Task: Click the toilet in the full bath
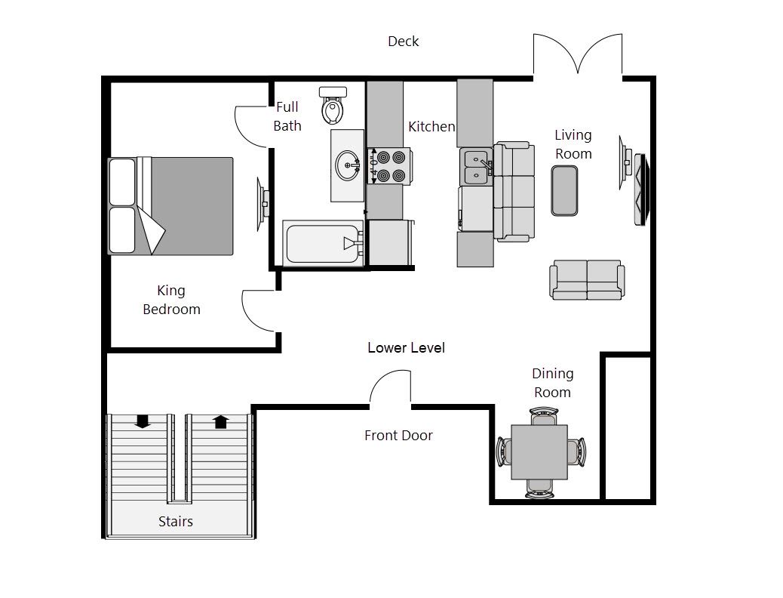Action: [333, 105]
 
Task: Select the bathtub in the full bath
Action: [324, 243]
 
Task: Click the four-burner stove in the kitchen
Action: [390, 165]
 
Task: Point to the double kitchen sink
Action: [476, 167]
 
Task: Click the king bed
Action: [170, 206]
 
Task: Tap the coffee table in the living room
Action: [564, 190]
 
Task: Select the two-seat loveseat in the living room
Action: [587, 279]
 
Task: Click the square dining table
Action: [539, 452]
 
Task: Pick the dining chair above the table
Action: [543, 416]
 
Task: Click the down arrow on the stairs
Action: [143, 421]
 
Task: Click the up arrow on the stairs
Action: [221, 421]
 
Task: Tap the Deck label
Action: [404, 42]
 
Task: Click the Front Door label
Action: [398, 436]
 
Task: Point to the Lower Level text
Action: [406, 348]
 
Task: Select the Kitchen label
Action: [431, 127]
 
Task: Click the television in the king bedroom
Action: [263, 204]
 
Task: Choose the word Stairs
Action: [175, 522]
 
